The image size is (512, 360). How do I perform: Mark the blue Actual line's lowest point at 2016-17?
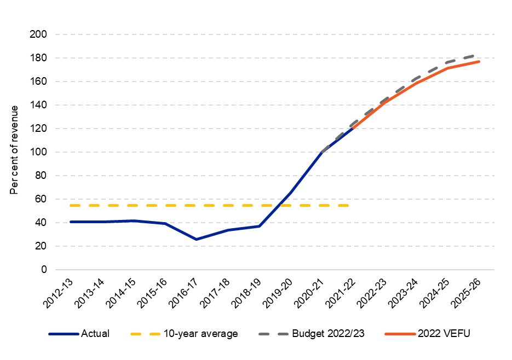[x=196, y=239]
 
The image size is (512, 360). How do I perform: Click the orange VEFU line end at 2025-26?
[x=479, y=61]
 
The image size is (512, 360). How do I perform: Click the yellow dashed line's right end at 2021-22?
[x=349, y=205]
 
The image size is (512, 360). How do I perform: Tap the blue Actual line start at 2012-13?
[x=71, y=222]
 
